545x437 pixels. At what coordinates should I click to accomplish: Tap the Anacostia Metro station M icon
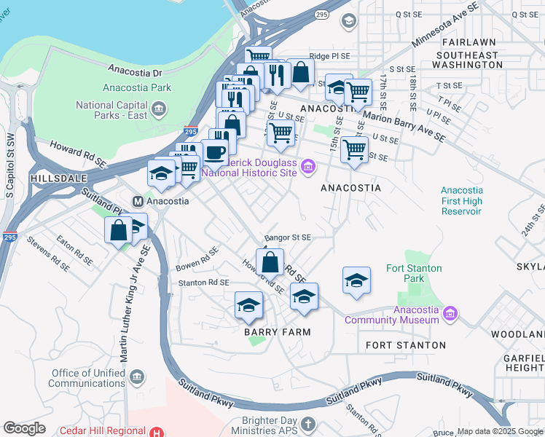(136, 200)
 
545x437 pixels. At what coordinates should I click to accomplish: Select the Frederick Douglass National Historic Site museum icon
(308, 168)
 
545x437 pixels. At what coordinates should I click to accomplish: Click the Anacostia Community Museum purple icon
(451, 314)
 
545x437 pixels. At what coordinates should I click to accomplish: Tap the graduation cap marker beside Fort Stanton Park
(356, 280)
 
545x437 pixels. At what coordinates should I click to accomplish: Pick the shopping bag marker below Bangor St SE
(270, 261)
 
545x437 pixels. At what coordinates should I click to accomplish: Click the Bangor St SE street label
(288, 237)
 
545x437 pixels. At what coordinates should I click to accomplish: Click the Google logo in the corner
(24, 428)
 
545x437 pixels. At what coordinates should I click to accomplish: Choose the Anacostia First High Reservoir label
(461, 201)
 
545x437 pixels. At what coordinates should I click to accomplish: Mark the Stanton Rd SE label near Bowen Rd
(204, 282)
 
